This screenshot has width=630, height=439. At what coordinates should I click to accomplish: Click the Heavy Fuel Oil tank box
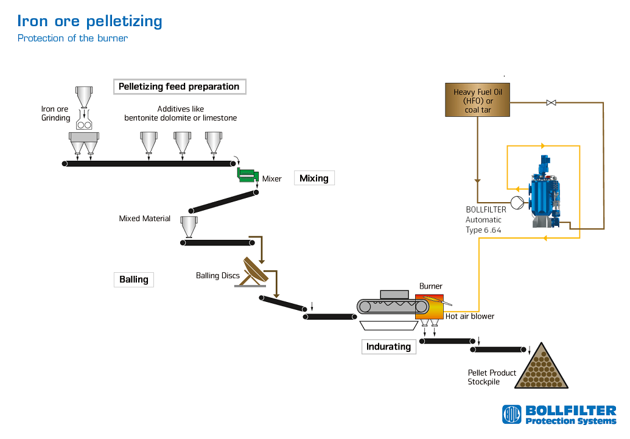(x=477, y=100)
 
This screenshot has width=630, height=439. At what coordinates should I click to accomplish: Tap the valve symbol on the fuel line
(x=551, y=103)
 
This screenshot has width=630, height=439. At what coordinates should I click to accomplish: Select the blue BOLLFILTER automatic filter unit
(x=545, y=192)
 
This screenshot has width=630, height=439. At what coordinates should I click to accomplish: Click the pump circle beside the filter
(x=517, y=203)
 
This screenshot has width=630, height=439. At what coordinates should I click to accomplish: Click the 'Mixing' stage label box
(x=314, y=178)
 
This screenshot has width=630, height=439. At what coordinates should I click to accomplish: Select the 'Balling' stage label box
(x=134, y=279)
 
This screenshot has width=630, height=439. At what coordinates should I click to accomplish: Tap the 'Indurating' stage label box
(x=388, y=346)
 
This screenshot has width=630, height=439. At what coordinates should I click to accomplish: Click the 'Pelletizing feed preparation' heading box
(x=180, y=86)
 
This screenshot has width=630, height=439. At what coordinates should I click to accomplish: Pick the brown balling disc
(x=254, y=271)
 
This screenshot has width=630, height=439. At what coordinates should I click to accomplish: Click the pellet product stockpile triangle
(x=542, y=367)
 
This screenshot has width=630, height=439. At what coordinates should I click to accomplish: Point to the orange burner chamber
(x=430, y=306)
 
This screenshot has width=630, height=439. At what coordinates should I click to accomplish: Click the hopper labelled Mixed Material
(x=189, y=227)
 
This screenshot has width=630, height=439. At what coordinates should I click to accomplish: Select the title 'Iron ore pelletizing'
(x=89, y=21)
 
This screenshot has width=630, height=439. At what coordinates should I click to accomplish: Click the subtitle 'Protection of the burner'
(x=72, y=38)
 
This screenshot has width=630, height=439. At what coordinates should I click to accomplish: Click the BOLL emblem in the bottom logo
(x=512, y=415)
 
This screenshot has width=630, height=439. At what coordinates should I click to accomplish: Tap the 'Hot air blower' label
(x=470, y=317)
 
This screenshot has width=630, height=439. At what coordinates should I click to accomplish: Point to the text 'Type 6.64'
(x=483, y=230)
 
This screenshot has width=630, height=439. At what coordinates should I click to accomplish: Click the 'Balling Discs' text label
(x=218, y=275)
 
